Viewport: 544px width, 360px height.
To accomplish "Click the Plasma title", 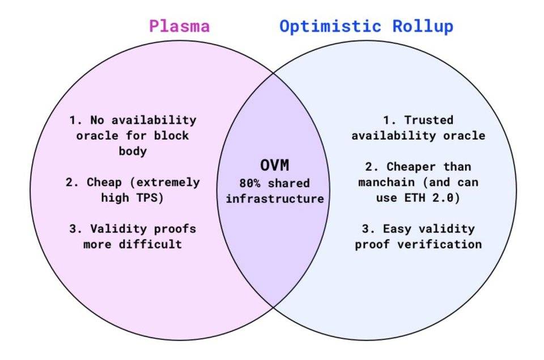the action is [x=180, y=26].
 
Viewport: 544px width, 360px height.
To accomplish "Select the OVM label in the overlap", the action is [x=274, y=165].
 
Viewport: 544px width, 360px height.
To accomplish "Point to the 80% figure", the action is [x=250, y=183].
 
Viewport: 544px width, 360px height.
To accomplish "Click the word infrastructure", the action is [x=275, y=198].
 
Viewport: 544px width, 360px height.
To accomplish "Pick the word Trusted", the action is [x=429, y=120].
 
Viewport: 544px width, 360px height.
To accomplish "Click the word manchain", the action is [x=386, y=182].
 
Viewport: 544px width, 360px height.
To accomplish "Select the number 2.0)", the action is [x=446, y=198].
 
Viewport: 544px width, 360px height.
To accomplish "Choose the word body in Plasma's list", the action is [x=133, y=151].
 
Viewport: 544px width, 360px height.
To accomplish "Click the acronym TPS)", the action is [x=150, y=198].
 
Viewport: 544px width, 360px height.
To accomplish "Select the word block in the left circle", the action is [x=171, y=135].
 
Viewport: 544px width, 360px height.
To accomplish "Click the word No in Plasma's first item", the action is [x=97, y=120].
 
